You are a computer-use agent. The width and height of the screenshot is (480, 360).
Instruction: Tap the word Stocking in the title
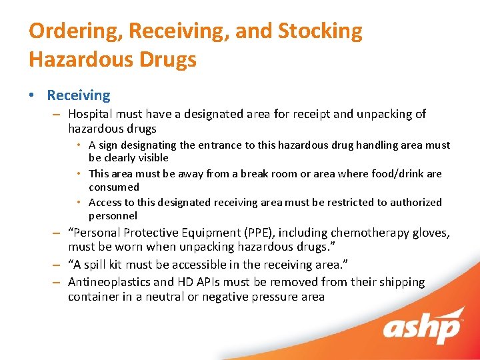(320, 31)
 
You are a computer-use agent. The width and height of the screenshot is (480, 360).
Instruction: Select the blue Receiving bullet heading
(79, 96)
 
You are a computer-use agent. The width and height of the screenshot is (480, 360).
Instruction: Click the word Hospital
(90, 114)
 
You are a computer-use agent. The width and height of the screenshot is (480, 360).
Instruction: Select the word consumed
(114, 187)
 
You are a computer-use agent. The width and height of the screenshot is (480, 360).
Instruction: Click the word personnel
(113, 216)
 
